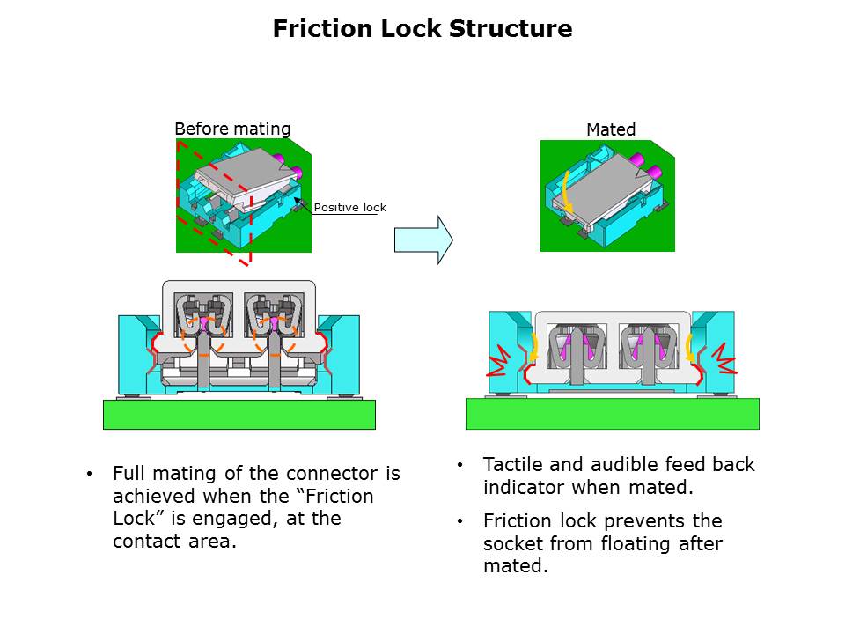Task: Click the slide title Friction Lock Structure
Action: coord(422,29)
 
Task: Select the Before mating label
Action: coord(232,129)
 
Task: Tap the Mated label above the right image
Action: coord(611,129)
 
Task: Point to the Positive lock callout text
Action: coord(350,208)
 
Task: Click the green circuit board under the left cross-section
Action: coord(239,414)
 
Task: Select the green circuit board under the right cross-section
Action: coord(612,414)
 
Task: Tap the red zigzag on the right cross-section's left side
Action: coord(499,358)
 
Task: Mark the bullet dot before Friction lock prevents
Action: coord(459,521)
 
